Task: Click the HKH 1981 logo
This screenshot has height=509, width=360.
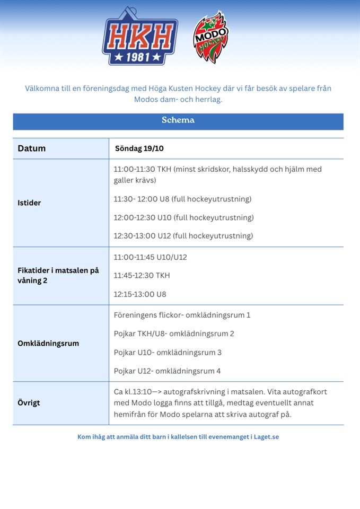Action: click(139, 37)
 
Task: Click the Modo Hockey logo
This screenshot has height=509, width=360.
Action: click(210, 37)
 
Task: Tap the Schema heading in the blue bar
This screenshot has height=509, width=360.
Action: click(178, 120)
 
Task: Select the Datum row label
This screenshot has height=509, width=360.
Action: click(32, 148)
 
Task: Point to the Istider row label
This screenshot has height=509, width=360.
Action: click(29, 203)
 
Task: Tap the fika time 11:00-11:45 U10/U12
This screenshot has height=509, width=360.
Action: click(150, 257)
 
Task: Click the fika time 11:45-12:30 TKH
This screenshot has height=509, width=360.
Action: click(142, 276)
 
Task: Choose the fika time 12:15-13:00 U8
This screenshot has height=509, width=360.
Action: click(140, 294)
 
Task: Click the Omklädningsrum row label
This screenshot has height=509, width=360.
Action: click(48, 343)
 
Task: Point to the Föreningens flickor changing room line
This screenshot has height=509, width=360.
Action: click(182, 315)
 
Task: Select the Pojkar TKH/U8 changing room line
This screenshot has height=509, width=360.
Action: click(174, 334)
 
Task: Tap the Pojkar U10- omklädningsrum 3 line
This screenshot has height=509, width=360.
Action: click(168, 352)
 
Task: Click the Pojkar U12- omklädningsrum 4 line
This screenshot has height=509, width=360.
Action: click(167, 371)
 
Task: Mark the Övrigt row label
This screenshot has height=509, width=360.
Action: click(29, 402)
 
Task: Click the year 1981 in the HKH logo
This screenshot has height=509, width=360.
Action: click(139, 57)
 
